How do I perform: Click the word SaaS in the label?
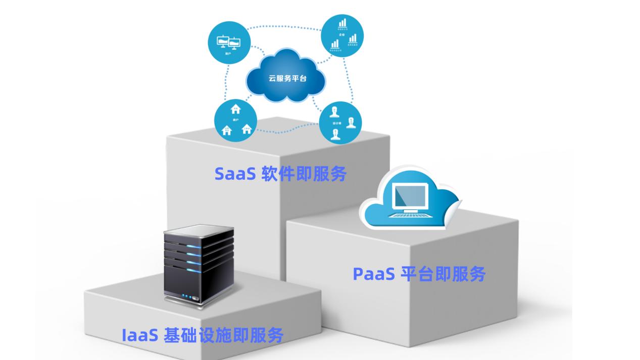tap(235, 173)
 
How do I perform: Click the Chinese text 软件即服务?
tap(305, 173)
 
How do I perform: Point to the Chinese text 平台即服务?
tap(443, 274)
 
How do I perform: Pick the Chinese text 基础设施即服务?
tap(223, 335)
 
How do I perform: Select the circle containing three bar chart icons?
tap(342, 35)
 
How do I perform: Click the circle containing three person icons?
tap(340, 123)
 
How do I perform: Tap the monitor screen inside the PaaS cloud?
tap(410, 196)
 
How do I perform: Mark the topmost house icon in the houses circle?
tap(235, 109)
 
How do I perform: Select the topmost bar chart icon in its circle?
tap(343, 23)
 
